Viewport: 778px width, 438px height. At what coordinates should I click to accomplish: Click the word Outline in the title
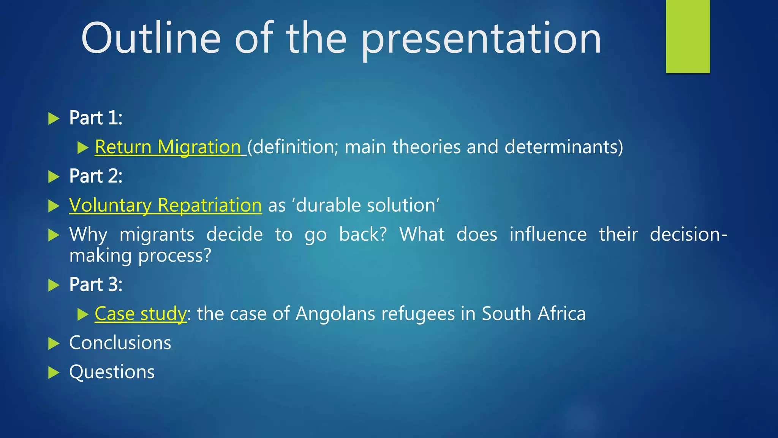click(151, 38)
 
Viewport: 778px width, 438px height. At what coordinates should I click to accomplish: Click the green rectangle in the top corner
click(688, 36)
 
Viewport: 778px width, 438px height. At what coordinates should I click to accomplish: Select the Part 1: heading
click(96, 118)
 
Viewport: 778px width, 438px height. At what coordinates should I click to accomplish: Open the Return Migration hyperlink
click(168, 147)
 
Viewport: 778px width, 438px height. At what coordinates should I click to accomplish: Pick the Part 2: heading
click(96, 176)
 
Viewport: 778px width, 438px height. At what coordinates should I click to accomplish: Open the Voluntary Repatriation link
click(165, 206)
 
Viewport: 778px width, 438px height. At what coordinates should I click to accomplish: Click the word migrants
click(157, 235)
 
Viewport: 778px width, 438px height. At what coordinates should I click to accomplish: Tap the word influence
click(548, 234)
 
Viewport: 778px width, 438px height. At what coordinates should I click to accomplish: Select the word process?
click(174, 256)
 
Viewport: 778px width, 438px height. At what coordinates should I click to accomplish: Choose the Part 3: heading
click(96, 285)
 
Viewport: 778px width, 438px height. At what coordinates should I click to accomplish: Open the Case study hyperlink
click(140, 314)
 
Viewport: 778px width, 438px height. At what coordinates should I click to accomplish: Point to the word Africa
click(562, 314)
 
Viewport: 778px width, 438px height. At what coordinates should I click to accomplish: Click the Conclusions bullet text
click(120, 343)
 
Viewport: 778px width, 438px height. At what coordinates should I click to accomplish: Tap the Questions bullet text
click(112, 372)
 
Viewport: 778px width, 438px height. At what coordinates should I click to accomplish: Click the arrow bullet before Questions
click(54, 373)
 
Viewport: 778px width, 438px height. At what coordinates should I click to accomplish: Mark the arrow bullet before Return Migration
click(82, 148)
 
